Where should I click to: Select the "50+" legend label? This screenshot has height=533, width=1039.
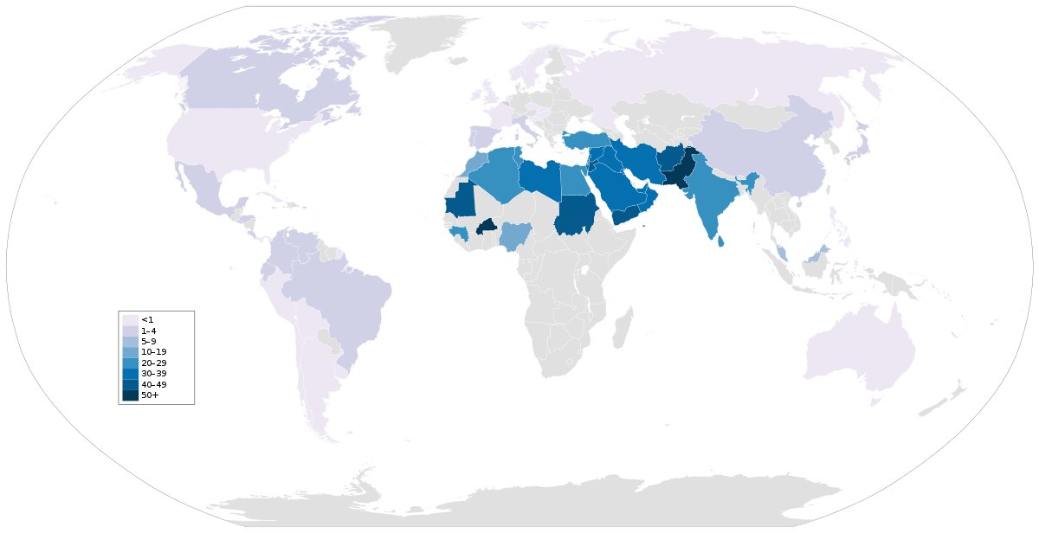[x=149, y=395]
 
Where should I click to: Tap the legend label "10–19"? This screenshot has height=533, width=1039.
[x=152, y=352]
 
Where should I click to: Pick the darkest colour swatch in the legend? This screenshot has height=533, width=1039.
[x=130, y=395]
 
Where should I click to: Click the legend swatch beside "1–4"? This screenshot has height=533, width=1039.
[x=130, y=331]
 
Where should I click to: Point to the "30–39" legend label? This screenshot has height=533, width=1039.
[x=152, y=374]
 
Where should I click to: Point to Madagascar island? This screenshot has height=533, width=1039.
[x=620, y=331]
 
